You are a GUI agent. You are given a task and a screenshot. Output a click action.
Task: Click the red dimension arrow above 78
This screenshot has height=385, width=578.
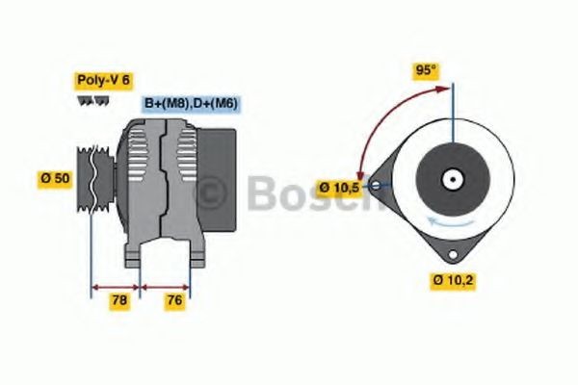pos(116,286)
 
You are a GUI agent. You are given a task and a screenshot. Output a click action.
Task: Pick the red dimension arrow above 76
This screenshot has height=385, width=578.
pos(166,286)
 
